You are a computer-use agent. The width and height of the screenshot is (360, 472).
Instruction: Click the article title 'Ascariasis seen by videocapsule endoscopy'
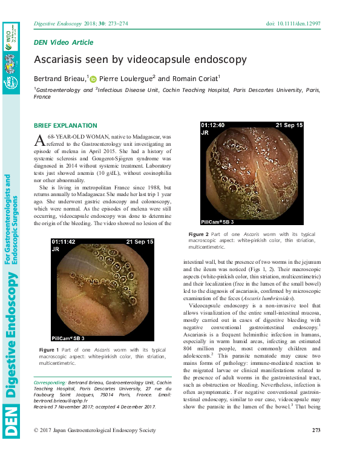tap(140, 59)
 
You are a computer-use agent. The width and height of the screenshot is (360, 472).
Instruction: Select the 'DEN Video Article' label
tap(64, 42)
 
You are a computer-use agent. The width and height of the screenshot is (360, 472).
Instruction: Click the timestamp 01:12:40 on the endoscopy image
tap(214, 125)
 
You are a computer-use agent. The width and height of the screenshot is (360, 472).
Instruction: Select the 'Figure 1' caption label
tap(48, 350)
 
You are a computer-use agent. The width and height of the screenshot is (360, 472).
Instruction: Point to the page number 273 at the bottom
tap(315, 447)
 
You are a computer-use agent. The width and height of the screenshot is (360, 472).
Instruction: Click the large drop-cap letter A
tap(40, 141)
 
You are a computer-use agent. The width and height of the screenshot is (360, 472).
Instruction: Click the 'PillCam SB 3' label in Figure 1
tap(68, 338)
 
